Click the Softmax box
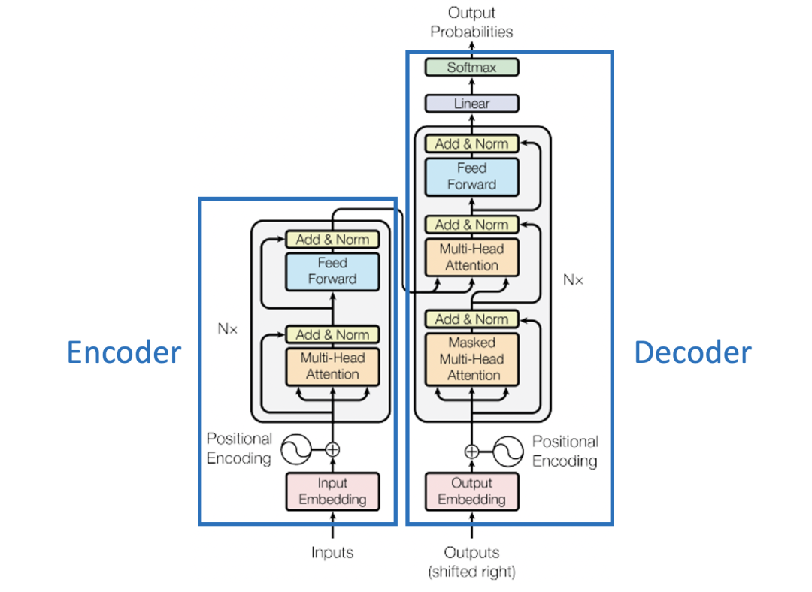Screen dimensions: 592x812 coord(471,67)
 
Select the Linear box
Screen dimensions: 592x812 coord(471,104)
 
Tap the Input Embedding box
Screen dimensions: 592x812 coord(332,491)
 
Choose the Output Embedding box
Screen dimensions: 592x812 coord(471,491)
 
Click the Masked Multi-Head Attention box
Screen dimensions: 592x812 coord(471,358)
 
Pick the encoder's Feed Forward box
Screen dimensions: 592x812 coord(332,271)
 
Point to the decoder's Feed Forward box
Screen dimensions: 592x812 coord(471,176)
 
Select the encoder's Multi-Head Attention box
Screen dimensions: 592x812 coord(332,366)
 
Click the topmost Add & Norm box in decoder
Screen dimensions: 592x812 coord(471,143)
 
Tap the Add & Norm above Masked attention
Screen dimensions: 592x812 coord(471,319)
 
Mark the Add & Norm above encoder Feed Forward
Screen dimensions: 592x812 coord(332,240)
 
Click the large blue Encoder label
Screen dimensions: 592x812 coord(124,352)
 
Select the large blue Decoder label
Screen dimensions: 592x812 coord(692,352)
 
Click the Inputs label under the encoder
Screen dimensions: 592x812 coord(332,553)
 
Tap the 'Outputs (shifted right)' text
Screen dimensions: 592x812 coord(471,562)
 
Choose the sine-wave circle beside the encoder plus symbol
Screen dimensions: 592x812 coord(296,450)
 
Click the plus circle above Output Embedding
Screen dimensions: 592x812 coord(471,452)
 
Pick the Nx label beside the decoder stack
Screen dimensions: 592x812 coord(573,280)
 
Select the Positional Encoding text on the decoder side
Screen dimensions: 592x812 coord(565,451)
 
